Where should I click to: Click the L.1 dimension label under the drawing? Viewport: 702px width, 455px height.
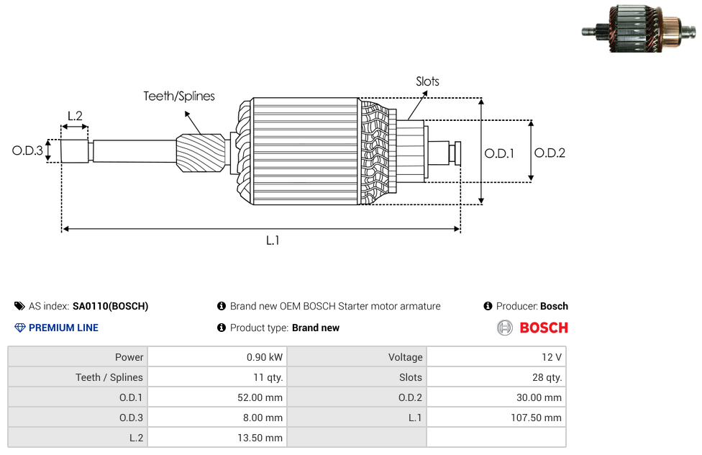click(273, 240)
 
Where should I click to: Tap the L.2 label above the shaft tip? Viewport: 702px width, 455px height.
click(75, 116)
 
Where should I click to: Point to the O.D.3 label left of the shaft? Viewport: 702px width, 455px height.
click(27, 150)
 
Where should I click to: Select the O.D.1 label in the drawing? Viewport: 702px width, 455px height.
click(499, 153)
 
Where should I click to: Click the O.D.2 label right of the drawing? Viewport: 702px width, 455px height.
click(550, 153)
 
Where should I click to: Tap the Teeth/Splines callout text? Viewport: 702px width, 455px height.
click(179, 96)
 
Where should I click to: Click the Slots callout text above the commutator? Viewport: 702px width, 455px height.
click(427, 81)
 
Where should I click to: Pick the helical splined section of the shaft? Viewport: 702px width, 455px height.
click(201, 153)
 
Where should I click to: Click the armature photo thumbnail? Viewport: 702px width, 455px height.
click(639, 28)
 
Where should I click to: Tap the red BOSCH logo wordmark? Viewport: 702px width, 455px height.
click(544, 328)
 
